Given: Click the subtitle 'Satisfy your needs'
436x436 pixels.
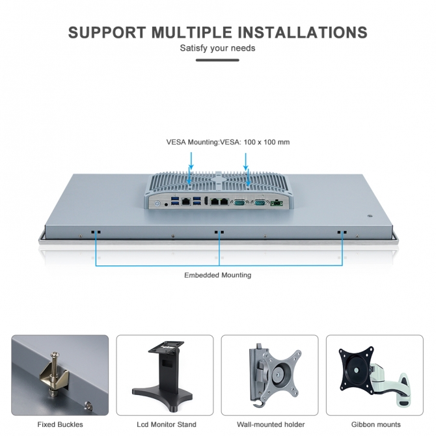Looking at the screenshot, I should pos(217,48).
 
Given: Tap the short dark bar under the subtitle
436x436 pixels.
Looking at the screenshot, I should pos(217,61).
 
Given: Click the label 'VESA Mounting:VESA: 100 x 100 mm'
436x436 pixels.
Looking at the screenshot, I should pos(228,142).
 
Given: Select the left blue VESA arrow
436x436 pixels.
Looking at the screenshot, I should pos(191,160).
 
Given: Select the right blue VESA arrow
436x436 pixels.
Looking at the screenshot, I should pos(246,160).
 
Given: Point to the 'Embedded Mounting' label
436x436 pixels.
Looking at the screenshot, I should pos(217,275).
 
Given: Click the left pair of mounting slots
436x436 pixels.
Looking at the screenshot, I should pos(96,232).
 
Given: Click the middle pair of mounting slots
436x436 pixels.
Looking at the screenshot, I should pos(219,232).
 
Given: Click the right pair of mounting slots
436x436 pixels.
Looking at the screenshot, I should pos(342,232).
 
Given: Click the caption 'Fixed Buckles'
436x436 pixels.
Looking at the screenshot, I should pos(60,424).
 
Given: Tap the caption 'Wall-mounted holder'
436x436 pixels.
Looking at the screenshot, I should pos(270,424).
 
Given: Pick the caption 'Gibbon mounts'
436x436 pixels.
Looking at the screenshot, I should pos(375,424).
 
